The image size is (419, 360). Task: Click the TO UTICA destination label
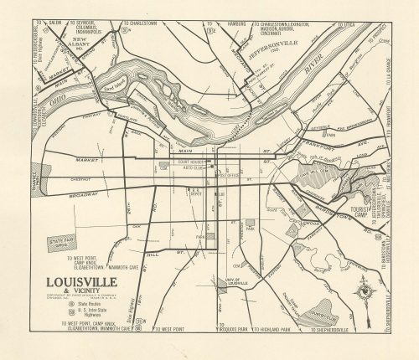(x=344, y=25)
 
